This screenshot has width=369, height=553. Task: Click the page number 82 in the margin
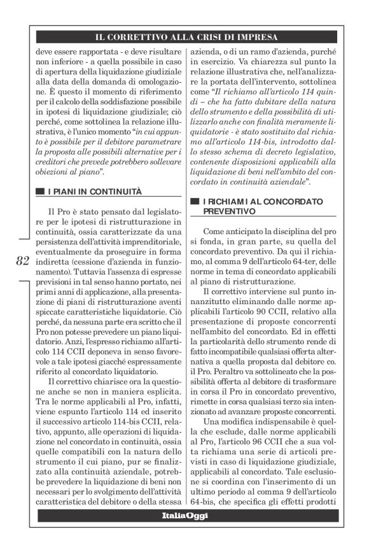(22, 260)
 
